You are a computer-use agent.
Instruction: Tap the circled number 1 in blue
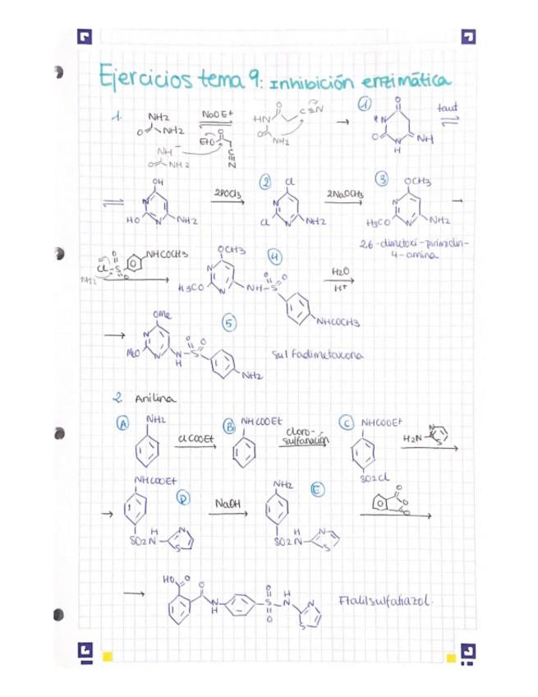(x=364, y=104)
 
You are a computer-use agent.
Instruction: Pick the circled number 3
(x=381, y=179)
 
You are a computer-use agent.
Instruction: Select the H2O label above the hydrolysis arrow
(x=339, y=270)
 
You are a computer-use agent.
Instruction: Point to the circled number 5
(x=230, y=324)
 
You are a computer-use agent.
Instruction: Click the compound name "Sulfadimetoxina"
(x=317, y=355)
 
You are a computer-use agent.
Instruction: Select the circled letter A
(x=122, y=424)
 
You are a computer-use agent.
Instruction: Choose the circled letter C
(x=347, y=422)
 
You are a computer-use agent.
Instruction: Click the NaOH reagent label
(x=225, y=502)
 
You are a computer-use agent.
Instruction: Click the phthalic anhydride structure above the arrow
(x=389, y=501)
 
